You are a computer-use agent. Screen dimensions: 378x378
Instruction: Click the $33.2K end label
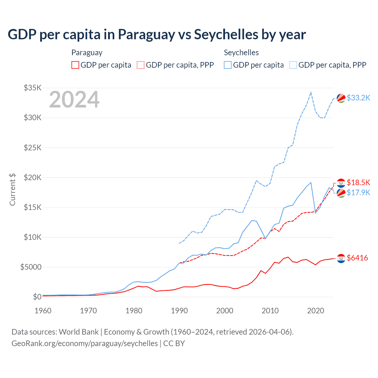pyautogui.click(x=358, y=98)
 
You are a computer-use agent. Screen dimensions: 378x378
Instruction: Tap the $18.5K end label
pyautogui.click(x=358, y=183)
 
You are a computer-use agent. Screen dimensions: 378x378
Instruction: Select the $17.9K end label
pyautogui.click(x=358, y=193)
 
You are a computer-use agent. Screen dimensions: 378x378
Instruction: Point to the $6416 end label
pyautogui.click(x=357, y=258)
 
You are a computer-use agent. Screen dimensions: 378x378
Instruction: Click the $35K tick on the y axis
pyautogui.click(x=32, y=88)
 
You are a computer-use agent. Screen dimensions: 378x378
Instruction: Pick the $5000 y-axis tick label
pyautogui.click(x=31, y=267)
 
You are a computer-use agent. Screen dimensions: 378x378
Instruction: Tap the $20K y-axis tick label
pyautogui.click(x=32, y=177)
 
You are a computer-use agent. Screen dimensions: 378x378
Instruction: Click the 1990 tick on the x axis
pyautogui.click(x=179, y=311)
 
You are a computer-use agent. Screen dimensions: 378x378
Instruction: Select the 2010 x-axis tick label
pyautogui.click(x=270, y=311)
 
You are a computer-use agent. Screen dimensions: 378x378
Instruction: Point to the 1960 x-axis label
pyautogui.click(x=43, y=311)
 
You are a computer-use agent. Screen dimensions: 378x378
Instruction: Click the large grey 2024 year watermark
pyautogui.click(x=74, y=100)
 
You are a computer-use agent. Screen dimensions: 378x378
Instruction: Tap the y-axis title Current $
pyautogui.click(x=12, y=189)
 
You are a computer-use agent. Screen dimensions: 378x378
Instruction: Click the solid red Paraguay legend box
pyautogui.click(x=75, y=65)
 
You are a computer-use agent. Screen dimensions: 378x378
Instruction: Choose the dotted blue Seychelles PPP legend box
pyautogui.click(x=293, y=65)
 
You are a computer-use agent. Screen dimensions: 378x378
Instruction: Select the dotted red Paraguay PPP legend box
pyautogui.click(x=141, y=65)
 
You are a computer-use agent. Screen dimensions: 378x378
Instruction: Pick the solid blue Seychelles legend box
pyautogui.click(x=228, y=65)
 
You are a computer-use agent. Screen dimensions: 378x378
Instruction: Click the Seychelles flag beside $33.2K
pyautogui.click(x=341, y=98)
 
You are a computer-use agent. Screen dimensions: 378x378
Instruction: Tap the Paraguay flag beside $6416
pyautogui.click(x=341, y=258)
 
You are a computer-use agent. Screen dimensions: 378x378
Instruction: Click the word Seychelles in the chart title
pyautogui.click(x=226, y=35)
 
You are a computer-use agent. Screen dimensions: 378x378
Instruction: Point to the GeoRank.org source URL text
pyautogui.click(x=84, y=343)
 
